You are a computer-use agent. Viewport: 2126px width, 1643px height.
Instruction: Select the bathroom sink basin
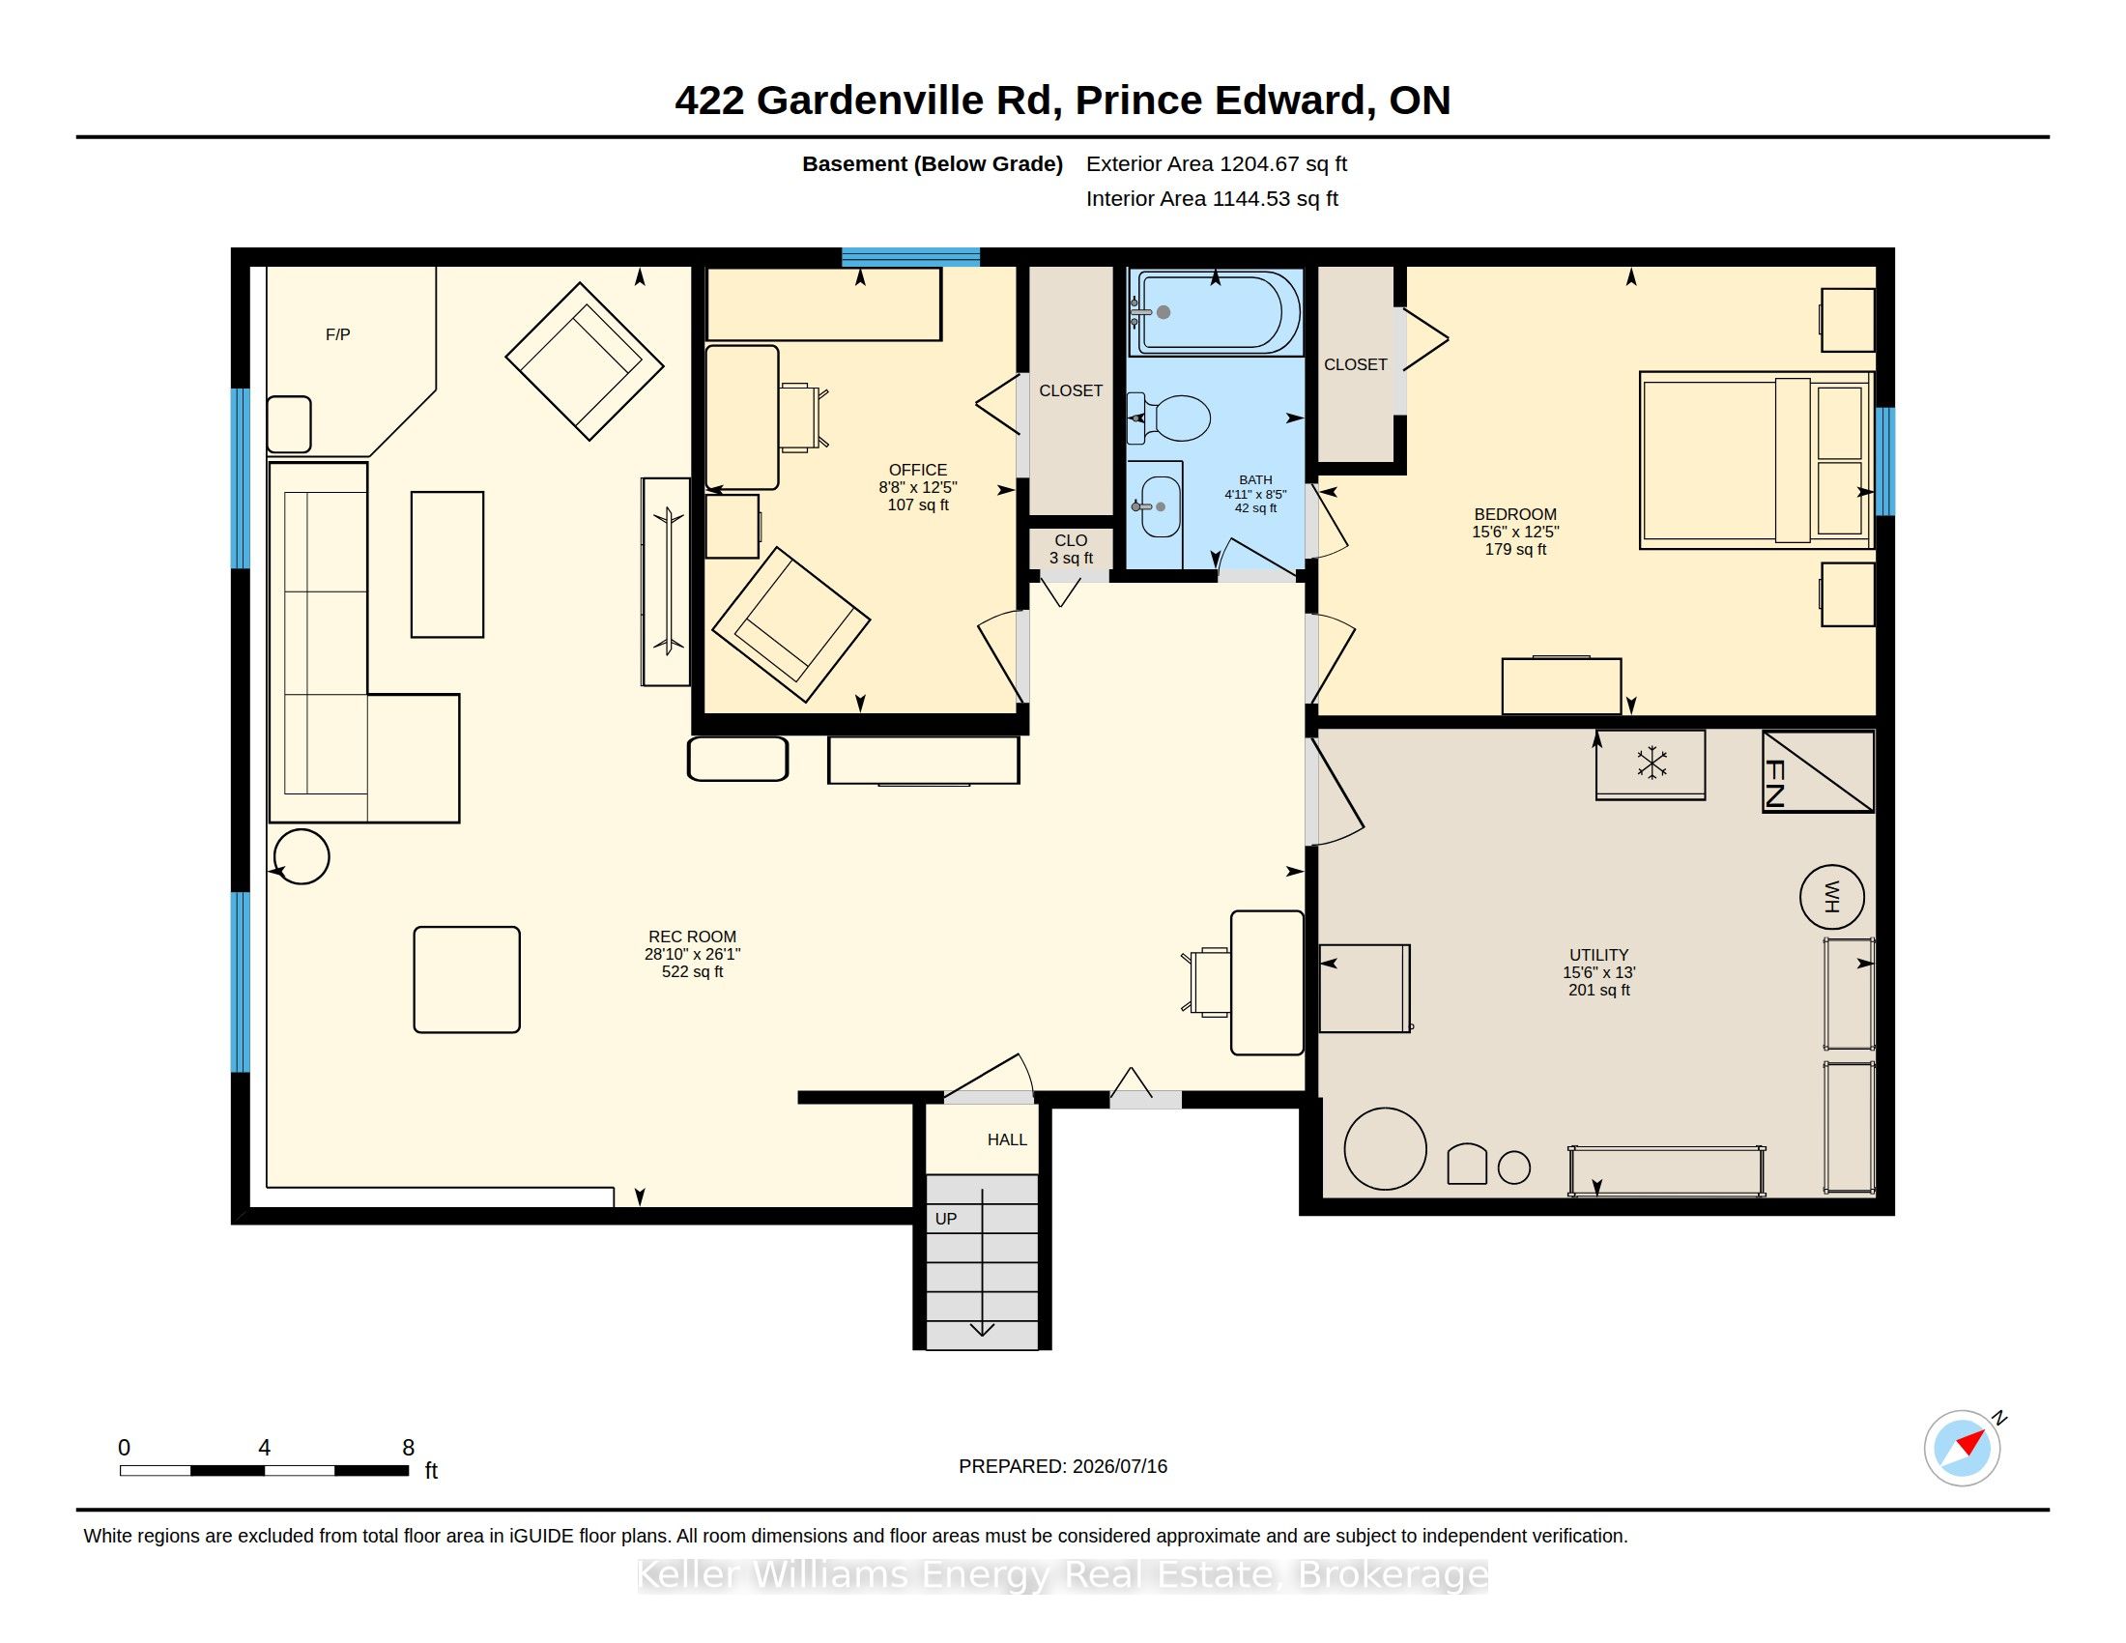tap(1160, 506)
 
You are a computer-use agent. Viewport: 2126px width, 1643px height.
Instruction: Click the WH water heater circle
tap(1831, 897)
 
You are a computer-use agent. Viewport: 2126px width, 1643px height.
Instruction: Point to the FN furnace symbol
tap(1818, 771)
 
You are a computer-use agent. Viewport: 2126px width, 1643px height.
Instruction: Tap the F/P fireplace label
tap(338, 334)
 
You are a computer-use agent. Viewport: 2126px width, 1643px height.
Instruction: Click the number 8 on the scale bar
tap(409, 1448)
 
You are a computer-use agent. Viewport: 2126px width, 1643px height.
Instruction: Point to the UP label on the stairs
tap(945, 1219)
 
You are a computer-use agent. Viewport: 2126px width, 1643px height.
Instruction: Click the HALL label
tap(1007, 1139)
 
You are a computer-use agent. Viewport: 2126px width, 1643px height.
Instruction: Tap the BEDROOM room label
tap(1514, 514)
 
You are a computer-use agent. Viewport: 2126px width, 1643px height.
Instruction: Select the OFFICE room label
tap(917, 470)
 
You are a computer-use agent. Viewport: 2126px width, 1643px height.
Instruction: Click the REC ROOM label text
tap(692, 937)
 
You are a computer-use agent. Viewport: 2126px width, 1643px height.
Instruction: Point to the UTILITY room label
tap(1598, 955)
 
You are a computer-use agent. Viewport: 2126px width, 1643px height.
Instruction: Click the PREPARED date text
tap(1063, 1466)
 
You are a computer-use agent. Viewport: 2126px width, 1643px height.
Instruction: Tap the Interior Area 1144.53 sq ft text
tap(1212, 198)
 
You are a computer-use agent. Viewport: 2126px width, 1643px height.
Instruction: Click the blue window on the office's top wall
tap(910, 257)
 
